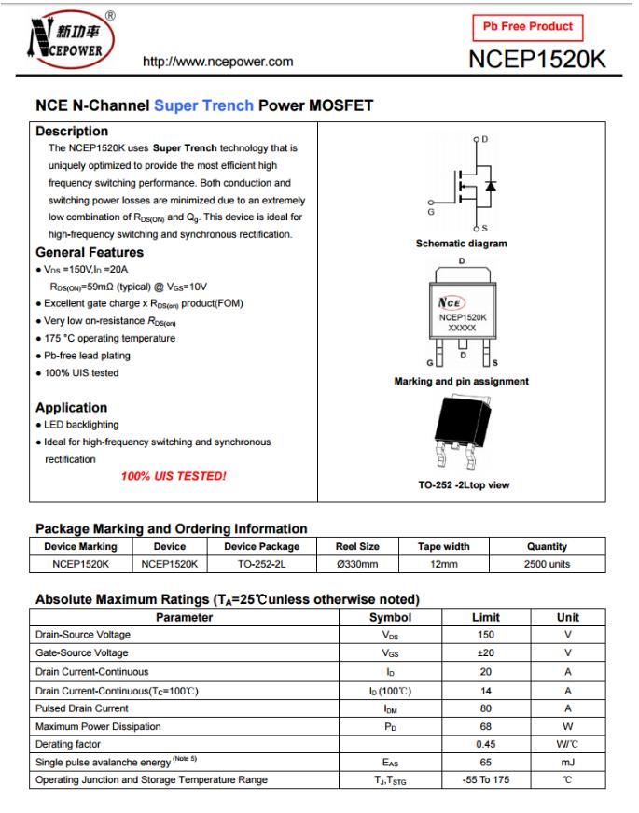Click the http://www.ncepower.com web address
(x=216, y=63)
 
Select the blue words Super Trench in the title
(x=203, y=105)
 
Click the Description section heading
(x=72, y=132)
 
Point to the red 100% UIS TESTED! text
(x=174, y=476)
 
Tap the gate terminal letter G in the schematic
(x=430, y=213)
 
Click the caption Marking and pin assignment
(x=462, y=381)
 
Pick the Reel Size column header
(x=357, y=546)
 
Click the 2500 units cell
(x=547, y=564)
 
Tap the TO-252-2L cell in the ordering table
(x=262, y=564)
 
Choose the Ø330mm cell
(x=357, y=564)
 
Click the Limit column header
(x=486, y=617)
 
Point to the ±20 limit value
(x=486, y=653)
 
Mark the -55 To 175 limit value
(x=486, y=780)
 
